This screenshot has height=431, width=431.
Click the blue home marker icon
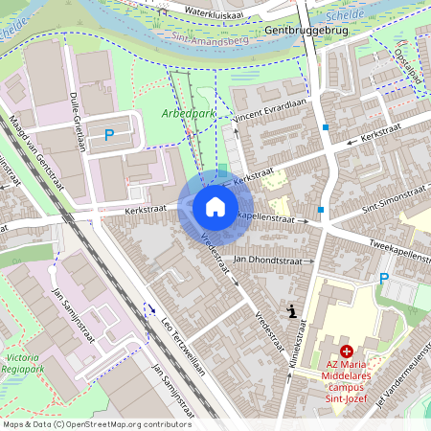[215, 207]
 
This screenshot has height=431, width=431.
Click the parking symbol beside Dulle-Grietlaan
[110, 137]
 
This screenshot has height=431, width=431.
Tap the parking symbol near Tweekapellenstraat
[384, 279]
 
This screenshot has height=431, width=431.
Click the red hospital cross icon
[346, 352]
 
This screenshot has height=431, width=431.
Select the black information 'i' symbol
[291, 310]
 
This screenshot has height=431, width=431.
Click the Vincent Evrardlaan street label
[275, 110]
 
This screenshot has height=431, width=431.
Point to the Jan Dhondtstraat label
[274, 260]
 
